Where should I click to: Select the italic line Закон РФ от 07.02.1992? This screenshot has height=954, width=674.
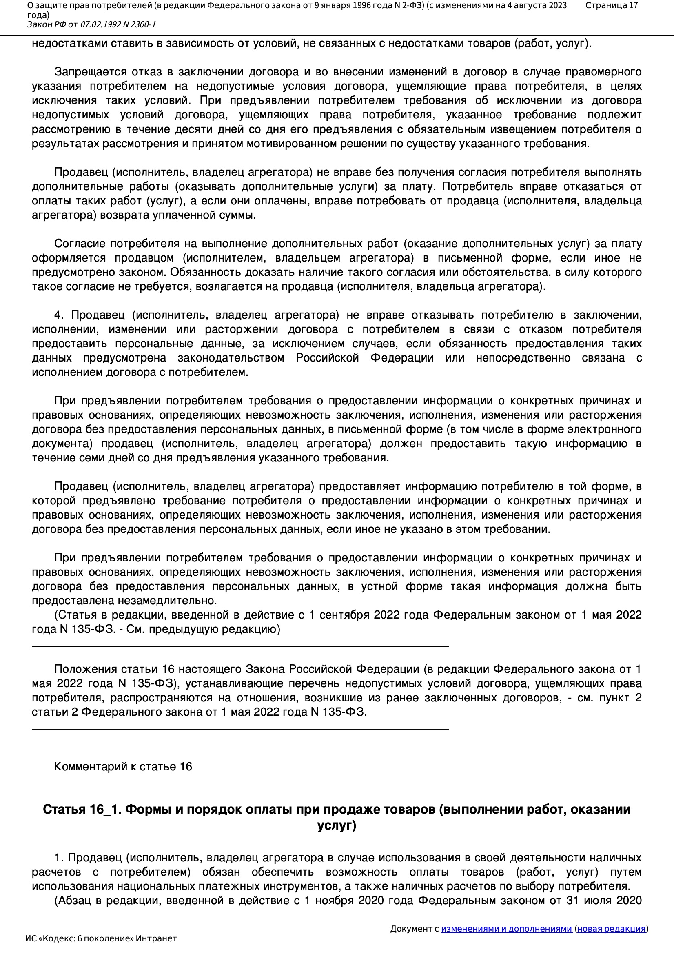point(91,24)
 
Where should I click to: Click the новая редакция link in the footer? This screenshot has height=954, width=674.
point(611,929)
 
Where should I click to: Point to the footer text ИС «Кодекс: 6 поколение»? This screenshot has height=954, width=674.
point(101,938)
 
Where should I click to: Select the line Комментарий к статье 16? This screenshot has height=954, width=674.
point(123,767)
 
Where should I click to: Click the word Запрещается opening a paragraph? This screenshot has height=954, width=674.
point(90,72)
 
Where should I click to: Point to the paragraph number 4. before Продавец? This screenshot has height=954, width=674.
point(59,315)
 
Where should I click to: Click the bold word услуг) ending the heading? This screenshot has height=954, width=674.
point(337,825)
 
